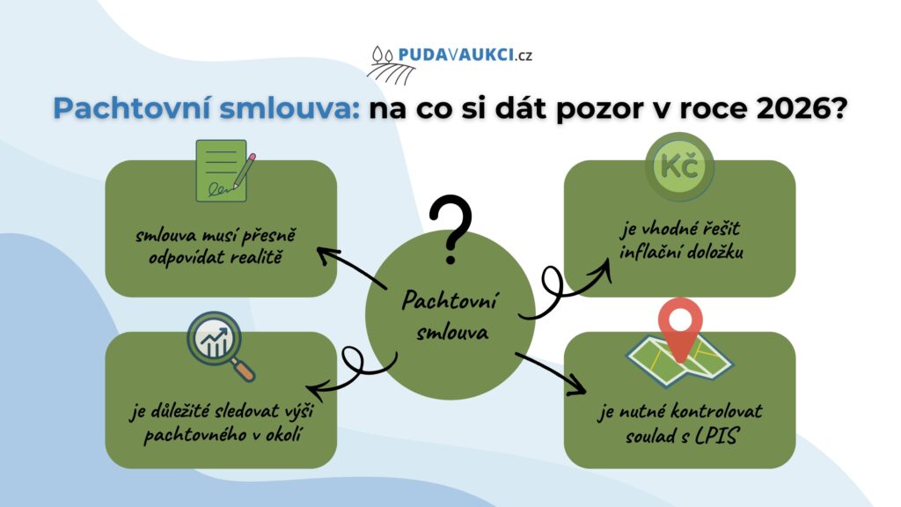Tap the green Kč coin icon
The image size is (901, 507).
(680, 166)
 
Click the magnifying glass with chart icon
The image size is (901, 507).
(220, 346)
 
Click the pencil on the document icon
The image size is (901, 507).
(245, 170)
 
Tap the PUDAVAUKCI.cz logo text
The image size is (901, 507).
(465, 55)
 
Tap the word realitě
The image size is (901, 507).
(256, 257)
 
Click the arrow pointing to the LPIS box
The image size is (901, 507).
(551, 373)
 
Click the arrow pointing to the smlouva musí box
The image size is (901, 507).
(351, 268)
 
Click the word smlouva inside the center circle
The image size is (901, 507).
(452, 332)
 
